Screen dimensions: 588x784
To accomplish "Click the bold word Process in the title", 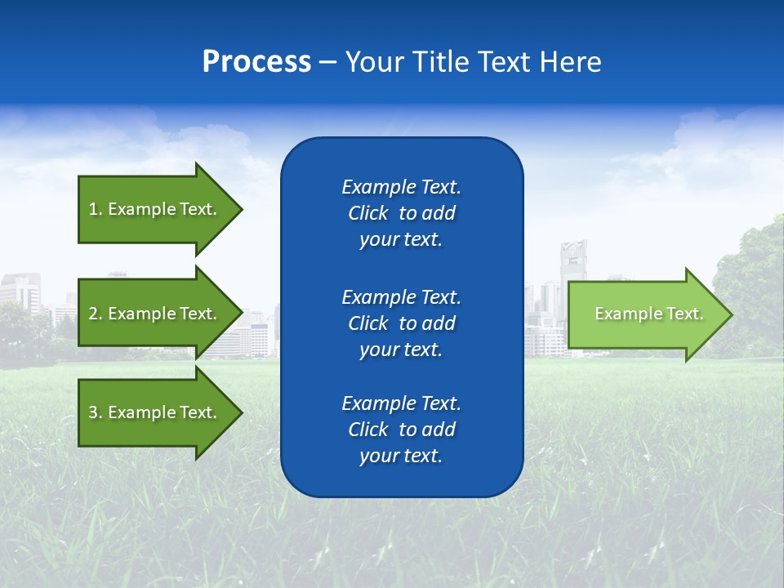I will coord(256,62).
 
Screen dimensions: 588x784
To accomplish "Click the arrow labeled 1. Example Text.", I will coord(155,209).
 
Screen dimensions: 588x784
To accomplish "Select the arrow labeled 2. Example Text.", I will coord(155,314).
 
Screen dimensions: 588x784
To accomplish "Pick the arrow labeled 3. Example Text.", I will coord(155,412).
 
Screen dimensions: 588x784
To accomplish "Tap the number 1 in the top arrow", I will coord(93,210).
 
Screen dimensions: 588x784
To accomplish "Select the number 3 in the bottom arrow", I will coord(93,413).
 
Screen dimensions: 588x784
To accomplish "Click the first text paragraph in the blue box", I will coord(401,213).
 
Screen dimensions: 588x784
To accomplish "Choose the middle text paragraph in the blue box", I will coord(401,323).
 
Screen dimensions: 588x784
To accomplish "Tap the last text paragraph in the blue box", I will coord(401,430).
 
